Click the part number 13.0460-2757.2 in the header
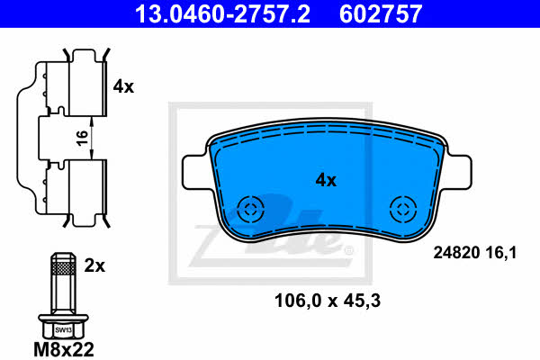222,13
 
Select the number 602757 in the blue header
381,13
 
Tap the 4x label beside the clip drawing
123,86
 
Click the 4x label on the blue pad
326,180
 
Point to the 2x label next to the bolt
94,265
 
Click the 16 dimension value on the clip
83,138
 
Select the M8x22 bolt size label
64,350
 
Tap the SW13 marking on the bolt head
63,330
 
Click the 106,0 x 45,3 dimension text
328,301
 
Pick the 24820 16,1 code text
475,253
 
